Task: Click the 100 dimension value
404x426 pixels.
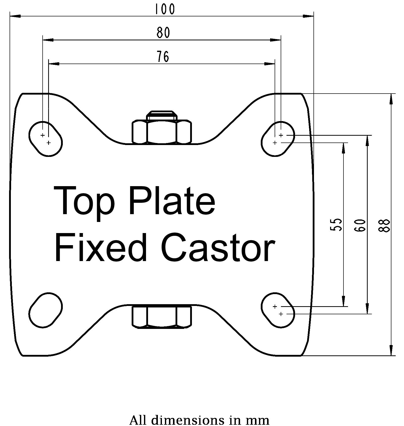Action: click(x=164, y=9)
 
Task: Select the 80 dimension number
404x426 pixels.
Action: click(x=163, y=33)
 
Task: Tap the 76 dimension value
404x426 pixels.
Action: click(x=163, y=56)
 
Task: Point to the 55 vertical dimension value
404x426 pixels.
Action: click(x=336, y=224)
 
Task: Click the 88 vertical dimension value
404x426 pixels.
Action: click(x=385, y=225)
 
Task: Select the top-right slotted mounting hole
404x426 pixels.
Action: click(x=278, y=139)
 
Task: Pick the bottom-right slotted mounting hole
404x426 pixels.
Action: click(x=278, y=310)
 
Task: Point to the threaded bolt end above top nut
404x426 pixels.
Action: click(x=162, y=115)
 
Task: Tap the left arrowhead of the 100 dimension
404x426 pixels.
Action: click(x=15, y=16)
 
